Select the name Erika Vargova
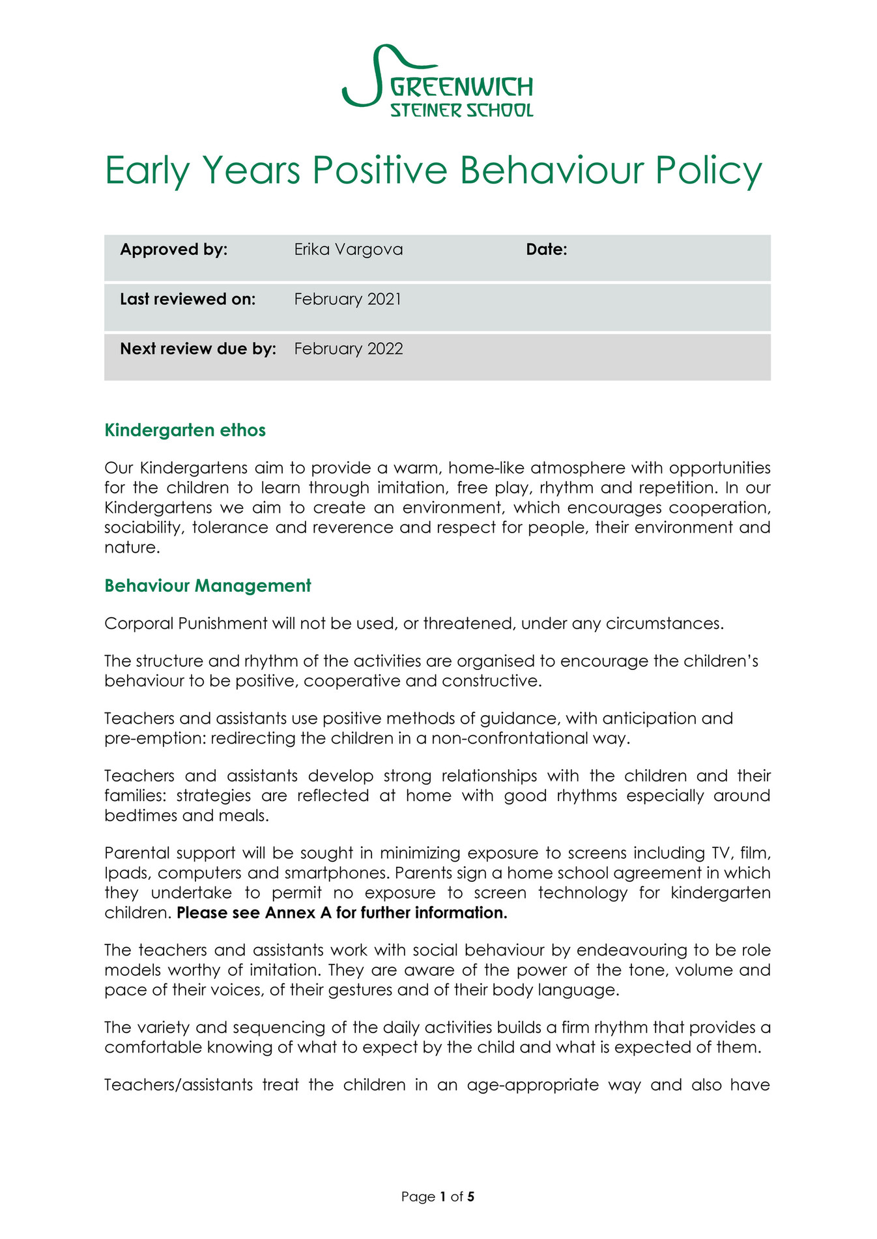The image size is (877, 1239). coord(348,250)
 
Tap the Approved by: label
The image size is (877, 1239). coord(173,250)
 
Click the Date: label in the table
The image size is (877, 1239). coord(546,250)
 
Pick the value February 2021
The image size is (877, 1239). coord(347,299)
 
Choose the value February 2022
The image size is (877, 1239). coord(348,349)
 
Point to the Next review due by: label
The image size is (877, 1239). coord(198,349)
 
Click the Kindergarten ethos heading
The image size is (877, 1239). coord(185,430)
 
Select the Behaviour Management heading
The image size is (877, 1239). coord(208,585)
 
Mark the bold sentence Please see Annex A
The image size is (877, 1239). coord(341,912)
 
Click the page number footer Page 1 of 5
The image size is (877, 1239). coord(438,1197)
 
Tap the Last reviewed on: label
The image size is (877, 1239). coord(188,299)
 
